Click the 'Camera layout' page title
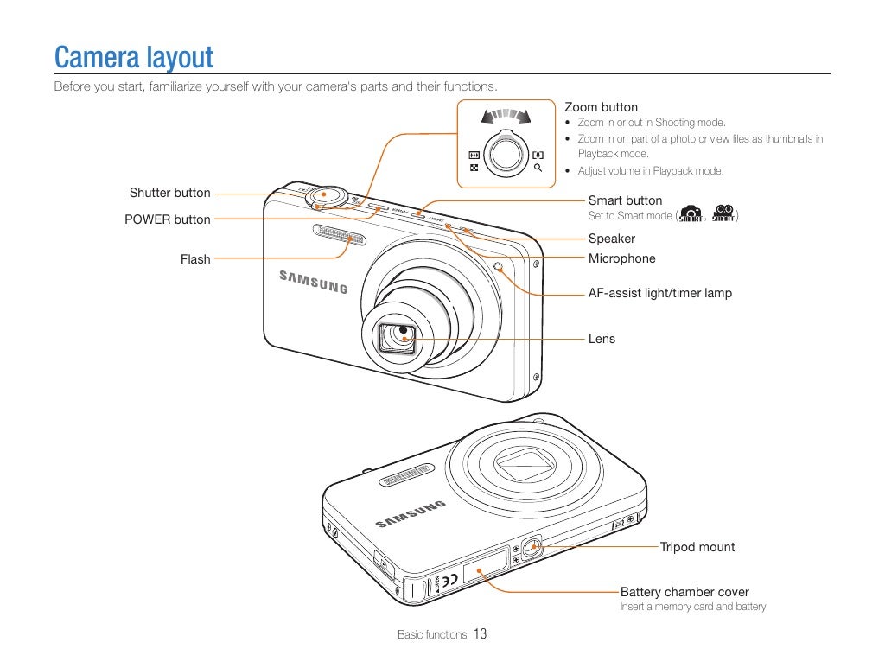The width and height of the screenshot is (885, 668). point(133,58)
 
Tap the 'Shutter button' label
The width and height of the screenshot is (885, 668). point(169,193)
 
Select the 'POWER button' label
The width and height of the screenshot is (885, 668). point(167,219)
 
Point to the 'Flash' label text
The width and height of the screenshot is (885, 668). point(195,259)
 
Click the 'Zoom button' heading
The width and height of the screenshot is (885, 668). point(601,107)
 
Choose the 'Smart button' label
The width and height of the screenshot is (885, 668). point(625,200)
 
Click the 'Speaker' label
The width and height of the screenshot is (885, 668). point(611,239)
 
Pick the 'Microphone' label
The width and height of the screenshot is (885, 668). point(621,258)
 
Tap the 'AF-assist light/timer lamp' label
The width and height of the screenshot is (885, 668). point(659,293)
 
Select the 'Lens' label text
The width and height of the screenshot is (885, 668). point(602,339)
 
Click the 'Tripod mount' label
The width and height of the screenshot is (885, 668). point(697,547)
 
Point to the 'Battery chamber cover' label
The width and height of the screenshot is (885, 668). point(684,592)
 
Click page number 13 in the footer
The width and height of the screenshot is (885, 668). point(480,634)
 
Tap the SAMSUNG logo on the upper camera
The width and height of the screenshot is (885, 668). point(313,282)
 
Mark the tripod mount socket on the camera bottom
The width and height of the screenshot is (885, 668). point(532,546)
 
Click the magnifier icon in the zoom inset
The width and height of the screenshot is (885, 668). point(538,168)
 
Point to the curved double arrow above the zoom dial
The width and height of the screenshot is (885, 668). point(506,115)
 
